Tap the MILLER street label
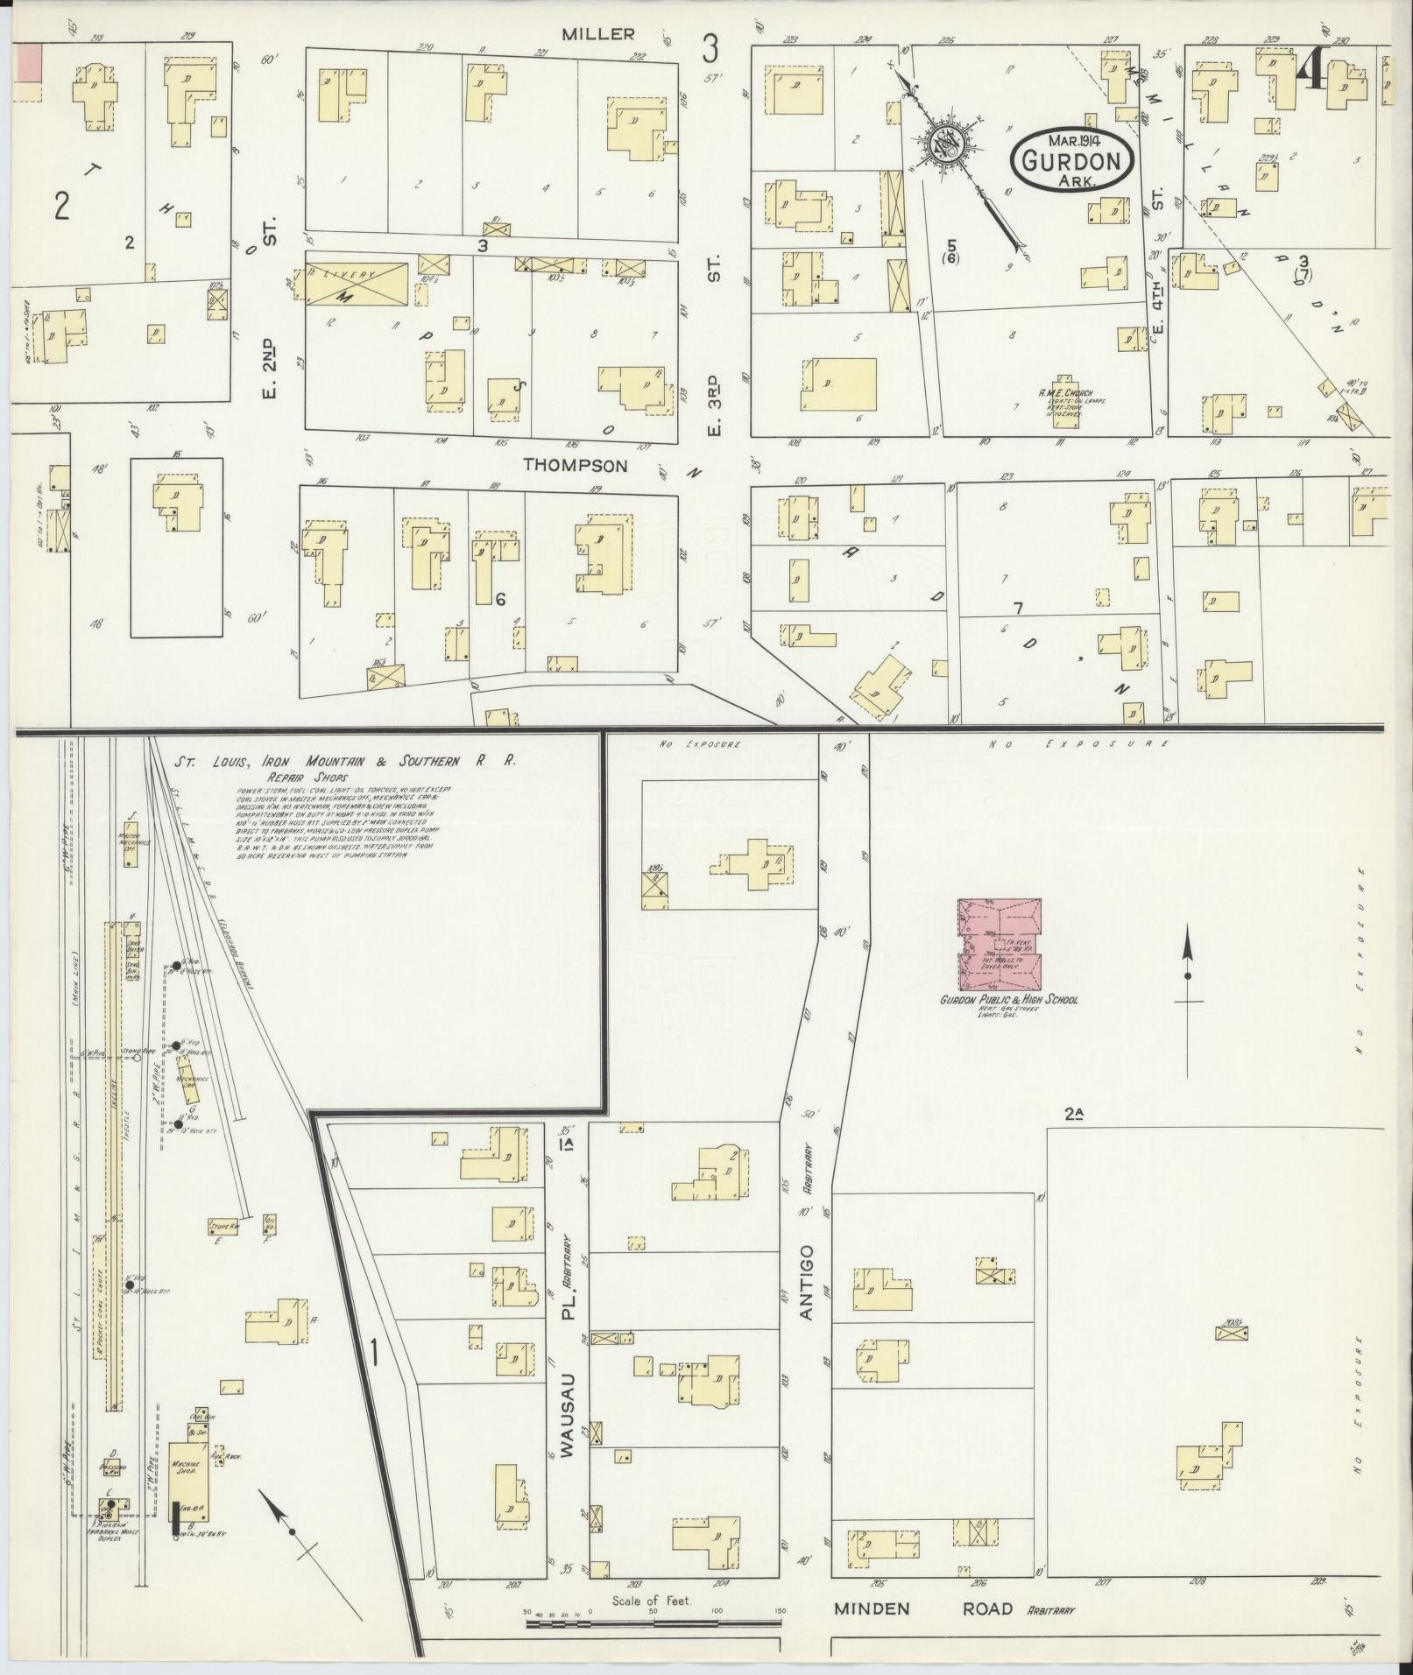(598, 34)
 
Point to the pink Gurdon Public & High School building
(1000, 942)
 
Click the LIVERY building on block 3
(357, 282)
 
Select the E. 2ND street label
(269, 368)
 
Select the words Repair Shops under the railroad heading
(309, 777)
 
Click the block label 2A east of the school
(1075, 1114)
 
